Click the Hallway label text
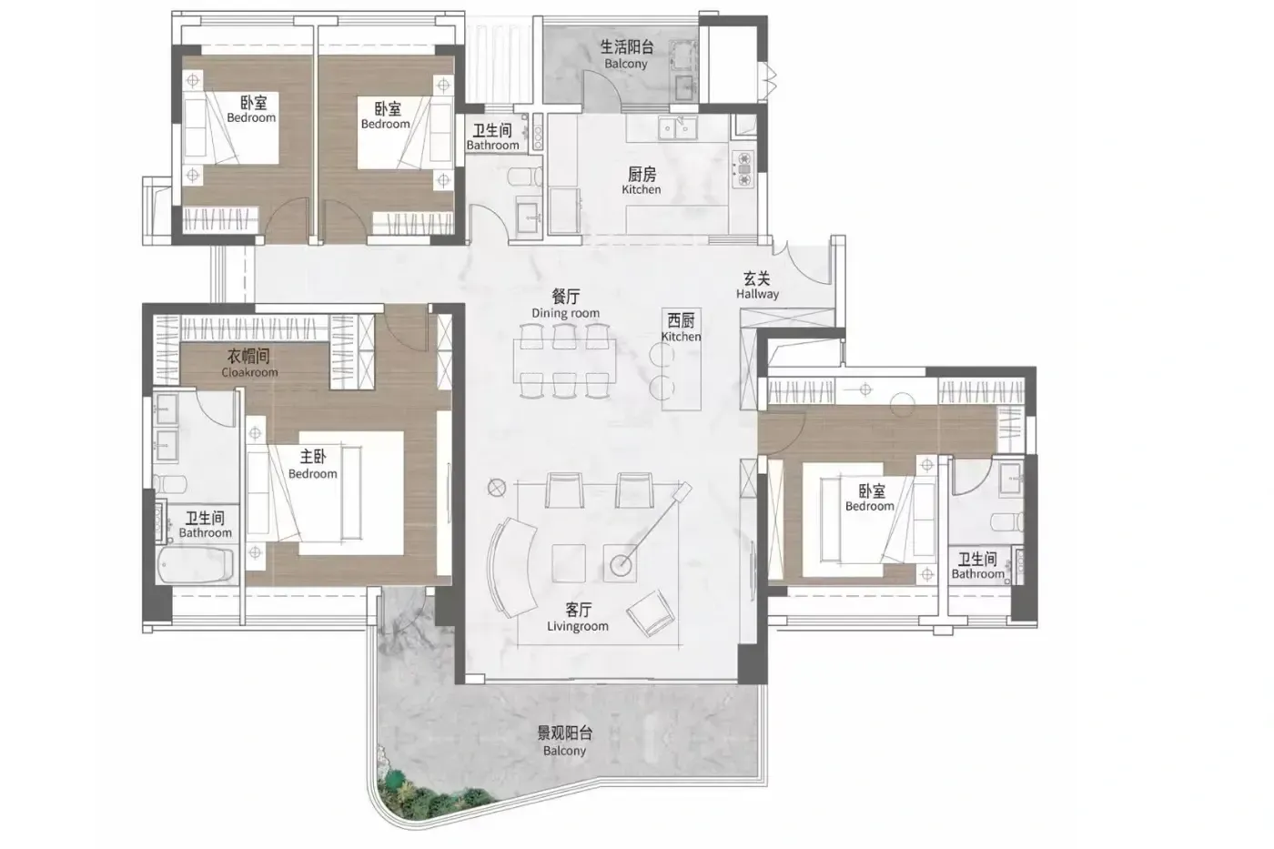(757, 294)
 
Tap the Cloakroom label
(249, 372)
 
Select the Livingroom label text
(577, 626)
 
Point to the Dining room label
(565, 313)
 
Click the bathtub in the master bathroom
(196, 564)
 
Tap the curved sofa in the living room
(511, 567)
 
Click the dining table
(564, 360)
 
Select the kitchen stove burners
(743, 169)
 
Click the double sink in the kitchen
(677, 128)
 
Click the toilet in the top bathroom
(526, 177)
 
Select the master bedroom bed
(326, 493)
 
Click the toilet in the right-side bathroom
(1007, 521)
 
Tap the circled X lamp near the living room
(497, 488)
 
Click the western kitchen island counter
(682, 359)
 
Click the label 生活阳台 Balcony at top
(626, 55)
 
